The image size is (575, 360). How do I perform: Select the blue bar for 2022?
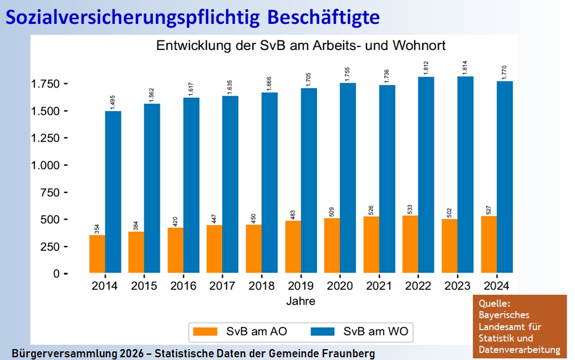pos(426,174)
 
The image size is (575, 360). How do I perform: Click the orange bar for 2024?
pos(489,244)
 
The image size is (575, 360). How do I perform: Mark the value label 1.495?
pos(112,101)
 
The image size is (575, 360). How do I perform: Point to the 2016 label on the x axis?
pos(184,286)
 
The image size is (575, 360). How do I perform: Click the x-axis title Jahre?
pos(301,301)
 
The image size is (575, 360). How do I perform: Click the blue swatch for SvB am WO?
pos(322,331)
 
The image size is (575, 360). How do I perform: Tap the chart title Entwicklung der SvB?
pos(301,46)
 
